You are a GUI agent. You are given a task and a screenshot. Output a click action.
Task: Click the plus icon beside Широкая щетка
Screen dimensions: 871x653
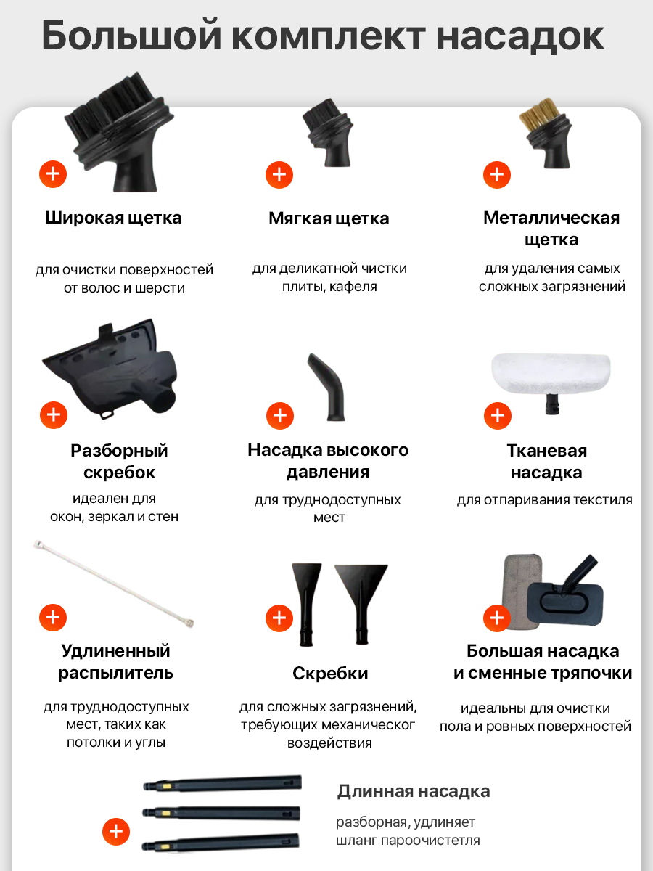click(53, 174)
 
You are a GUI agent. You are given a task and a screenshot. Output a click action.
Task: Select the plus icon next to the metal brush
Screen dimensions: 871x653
click(497, 175)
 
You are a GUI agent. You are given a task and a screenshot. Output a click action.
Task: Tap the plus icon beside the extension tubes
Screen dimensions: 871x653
click(116, 831)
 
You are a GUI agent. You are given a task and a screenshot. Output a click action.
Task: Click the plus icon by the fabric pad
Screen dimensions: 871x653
click(498, 416)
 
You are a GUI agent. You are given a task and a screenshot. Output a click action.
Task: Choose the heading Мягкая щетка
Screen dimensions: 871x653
click(329, 218)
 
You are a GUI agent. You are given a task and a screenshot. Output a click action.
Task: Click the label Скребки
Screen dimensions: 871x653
click(330, 674)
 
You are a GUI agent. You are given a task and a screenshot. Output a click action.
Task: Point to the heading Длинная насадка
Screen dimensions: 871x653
click(414, 790)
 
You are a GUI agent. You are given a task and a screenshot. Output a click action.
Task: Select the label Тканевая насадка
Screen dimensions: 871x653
click(546, 462)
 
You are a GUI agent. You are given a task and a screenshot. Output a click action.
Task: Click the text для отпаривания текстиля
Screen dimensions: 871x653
click(544, 500)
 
